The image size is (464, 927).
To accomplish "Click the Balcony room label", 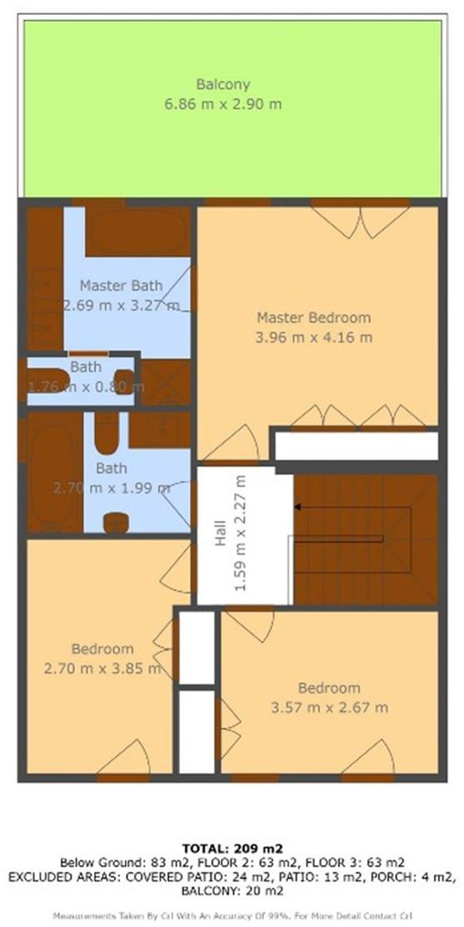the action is point(223,84).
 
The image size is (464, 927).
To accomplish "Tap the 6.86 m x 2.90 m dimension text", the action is point(223,105).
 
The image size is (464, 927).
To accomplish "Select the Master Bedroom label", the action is point(314,318).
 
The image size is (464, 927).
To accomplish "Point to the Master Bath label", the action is point(121,286).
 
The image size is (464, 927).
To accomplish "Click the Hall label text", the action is point(220,533).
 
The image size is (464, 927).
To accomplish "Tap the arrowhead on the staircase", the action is point(298,507).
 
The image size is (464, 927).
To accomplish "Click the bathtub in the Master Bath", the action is point(138,231).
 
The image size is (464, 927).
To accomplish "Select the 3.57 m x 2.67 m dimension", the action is point(329,708).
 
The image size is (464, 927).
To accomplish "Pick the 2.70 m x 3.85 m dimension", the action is point(102,669).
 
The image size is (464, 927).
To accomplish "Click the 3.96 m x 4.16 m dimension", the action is point(314,338).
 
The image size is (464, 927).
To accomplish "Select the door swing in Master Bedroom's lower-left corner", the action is point(231,442).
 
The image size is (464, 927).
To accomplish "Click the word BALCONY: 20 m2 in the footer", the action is point(232,891).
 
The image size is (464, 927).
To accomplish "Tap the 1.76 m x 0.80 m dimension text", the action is point(86,388).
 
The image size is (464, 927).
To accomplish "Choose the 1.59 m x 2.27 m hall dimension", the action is point(240,532).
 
